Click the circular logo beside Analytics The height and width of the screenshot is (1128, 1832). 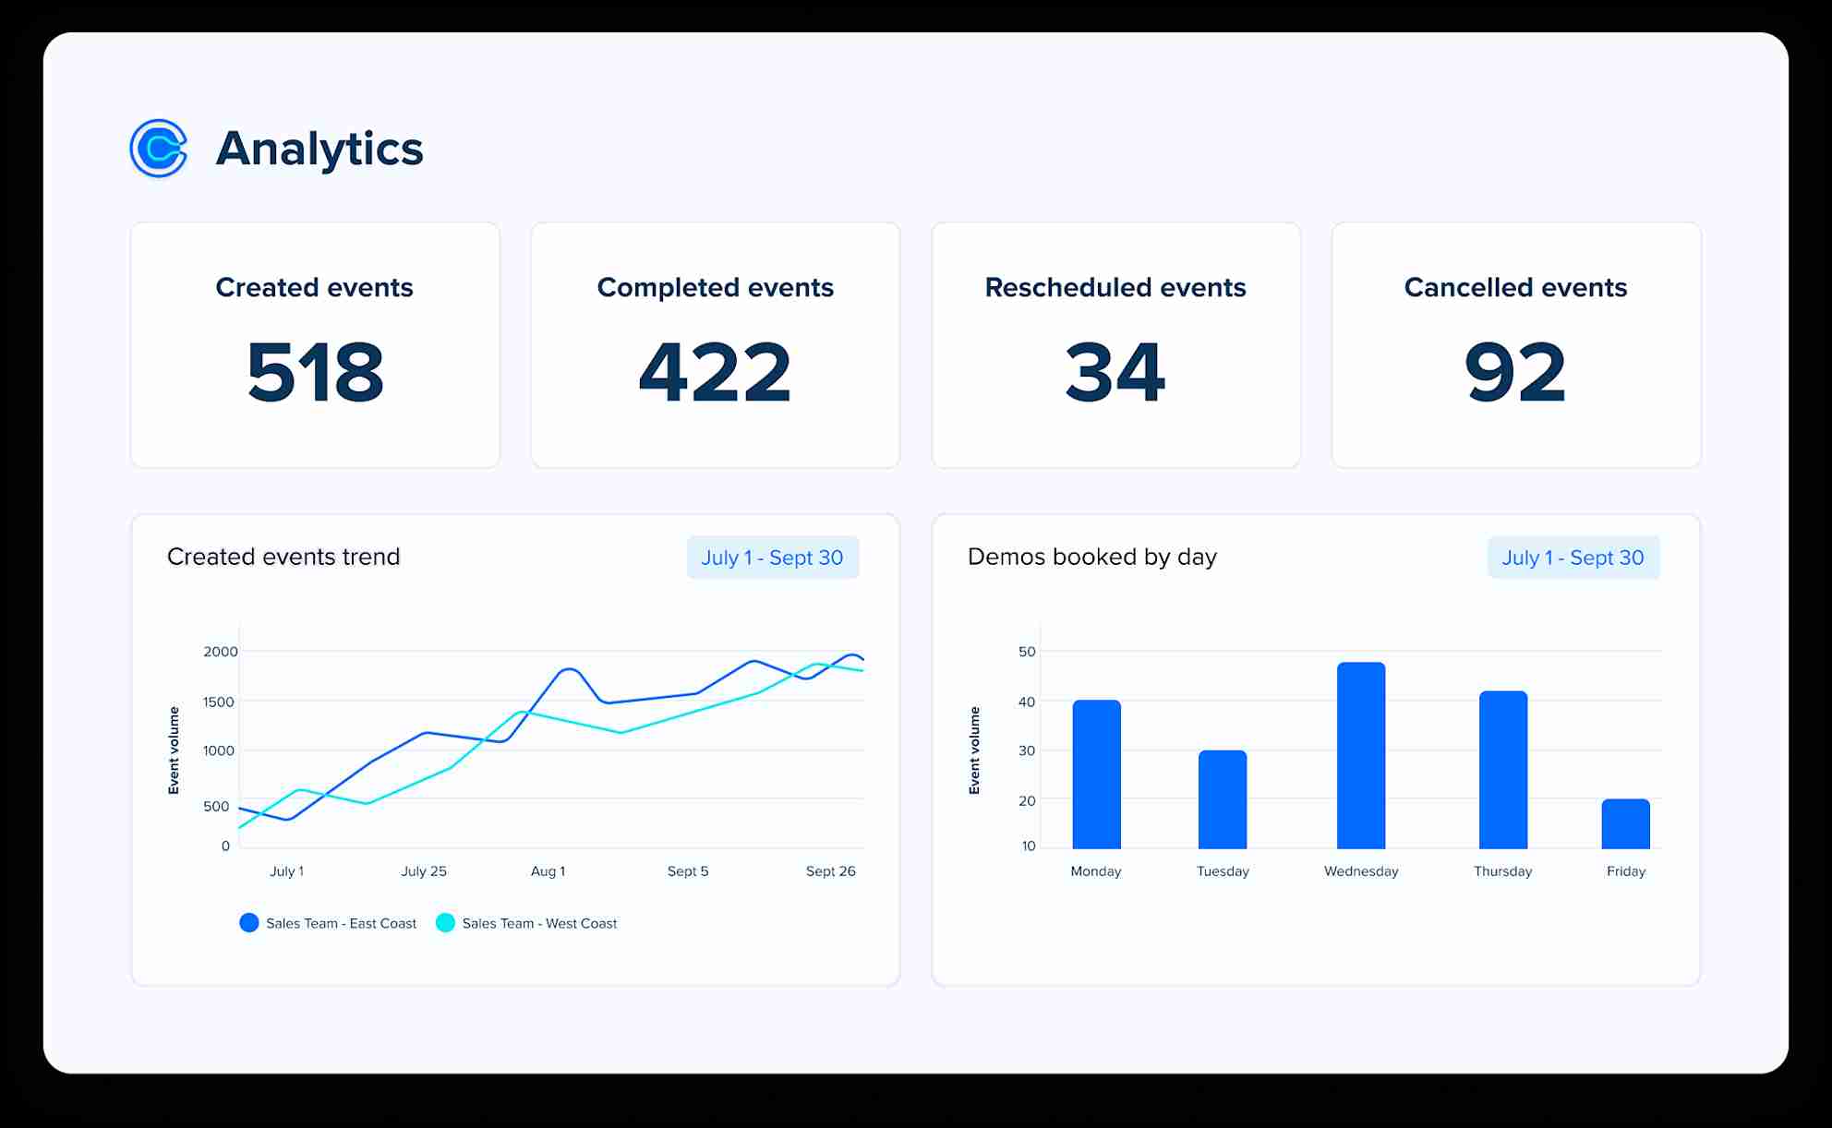tap(159, 148)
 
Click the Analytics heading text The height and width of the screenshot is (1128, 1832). tap(319, 149)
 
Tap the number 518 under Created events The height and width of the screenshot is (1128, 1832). tap(315, 372)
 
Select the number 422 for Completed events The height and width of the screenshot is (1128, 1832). tap(715, 372)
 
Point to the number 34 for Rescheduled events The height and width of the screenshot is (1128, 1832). tap(1115, 372)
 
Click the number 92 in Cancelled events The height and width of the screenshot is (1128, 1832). tap(1515, 372)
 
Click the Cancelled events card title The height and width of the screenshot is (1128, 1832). tap(1515, 287)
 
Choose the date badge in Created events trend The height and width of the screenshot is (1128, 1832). tap(772, 558)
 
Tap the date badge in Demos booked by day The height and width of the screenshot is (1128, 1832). tap(1573, 558)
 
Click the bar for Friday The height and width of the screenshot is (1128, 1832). tap(1625, 823)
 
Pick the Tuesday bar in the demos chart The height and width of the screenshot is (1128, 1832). tap(1223, 799)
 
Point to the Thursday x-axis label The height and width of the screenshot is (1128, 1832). tap(1502, 871)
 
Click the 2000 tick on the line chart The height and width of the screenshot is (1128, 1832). tap(221, 652)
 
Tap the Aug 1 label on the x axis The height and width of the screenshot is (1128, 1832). tap(548, 871)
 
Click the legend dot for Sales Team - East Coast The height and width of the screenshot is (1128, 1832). tap(249, 923)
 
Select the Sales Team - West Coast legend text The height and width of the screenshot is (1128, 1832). tap(539, 923)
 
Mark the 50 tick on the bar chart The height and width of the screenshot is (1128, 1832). tap(1027, 652)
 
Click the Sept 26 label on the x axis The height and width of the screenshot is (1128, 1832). tap(830, 871)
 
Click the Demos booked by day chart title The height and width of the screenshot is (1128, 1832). tap(1091, 557)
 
